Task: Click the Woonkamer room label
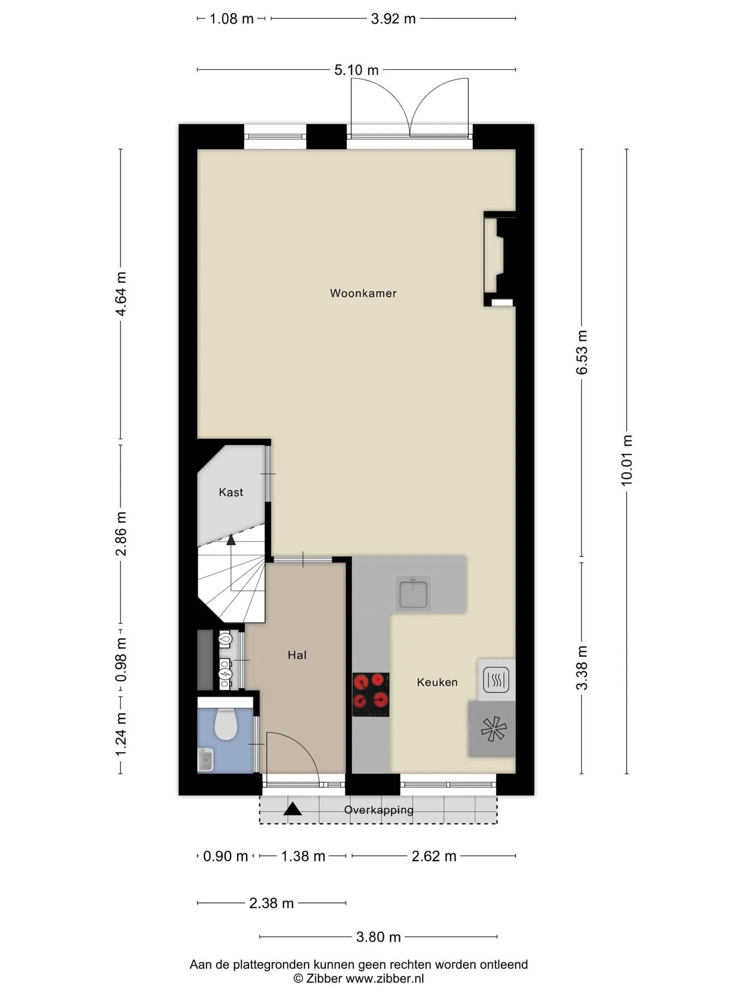pos(363,293)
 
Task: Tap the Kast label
pos(231,492)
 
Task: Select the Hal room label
pos(297,655)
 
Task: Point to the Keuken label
pos(437,682)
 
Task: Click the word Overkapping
pos(379,810)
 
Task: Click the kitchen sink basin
pos(413,593)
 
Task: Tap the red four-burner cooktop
pos(370,695)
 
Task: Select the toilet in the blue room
pos(226,724)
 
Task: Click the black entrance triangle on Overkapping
pos(293,809)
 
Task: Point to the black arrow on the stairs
pos(231,539)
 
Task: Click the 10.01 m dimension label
pos(627,460)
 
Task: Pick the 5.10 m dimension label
pos(356,70)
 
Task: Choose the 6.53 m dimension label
pos(582,352)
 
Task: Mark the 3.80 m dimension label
pos(379,937)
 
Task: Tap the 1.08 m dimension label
pos(231,19)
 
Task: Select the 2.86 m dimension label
pos(121,533)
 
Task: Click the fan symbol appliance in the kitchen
pos(493,728)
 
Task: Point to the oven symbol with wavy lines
pos(496,680)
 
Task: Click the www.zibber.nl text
pos(385,978)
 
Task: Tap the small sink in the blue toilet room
pos(205,760)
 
